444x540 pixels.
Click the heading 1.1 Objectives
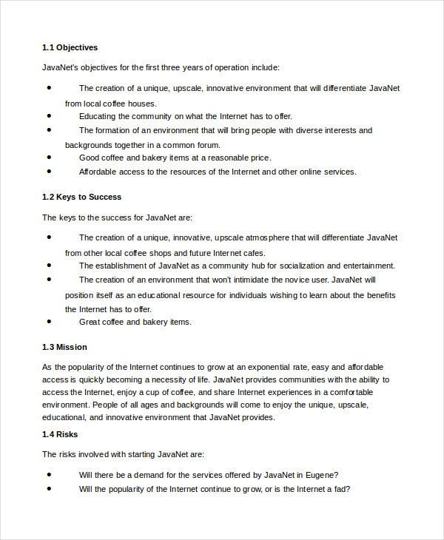coord(70,47)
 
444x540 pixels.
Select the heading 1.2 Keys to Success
coord(81,197)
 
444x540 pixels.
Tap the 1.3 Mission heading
coord(64,347)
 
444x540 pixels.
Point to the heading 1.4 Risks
coord(60,434)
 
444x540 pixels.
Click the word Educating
coord(98,116)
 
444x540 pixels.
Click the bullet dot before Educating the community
coord(50,115)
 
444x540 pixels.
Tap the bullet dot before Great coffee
coord(50,321)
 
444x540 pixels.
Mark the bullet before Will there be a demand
coord(50,474)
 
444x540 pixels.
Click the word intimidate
coord(258,280)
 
